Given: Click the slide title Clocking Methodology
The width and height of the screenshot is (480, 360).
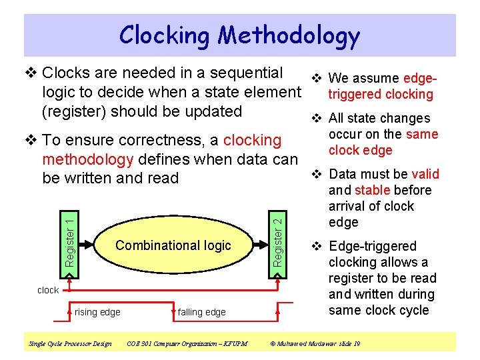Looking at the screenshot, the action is pyautogui.click(x=239, y=35).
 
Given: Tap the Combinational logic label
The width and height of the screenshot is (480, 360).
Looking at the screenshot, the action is pyautogui.click(x=173, y=245).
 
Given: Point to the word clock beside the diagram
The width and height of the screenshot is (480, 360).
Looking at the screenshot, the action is pyautogui.click(x=48, y=290).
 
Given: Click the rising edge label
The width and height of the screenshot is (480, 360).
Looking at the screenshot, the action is pyautogui.click(x=98, y=312).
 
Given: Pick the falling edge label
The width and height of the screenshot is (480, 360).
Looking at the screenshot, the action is pyautogui.click(x=201, y=312).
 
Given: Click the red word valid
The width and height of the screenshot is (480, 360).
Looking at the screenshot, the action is pyautogui.click(x=425, y=174).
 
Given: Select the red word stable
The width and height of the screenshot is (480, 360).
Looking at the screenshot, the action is pyautogui.click(x=375, y=190).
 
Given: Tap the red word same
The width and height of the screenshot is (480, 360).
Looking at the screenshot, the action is pyautogui.click(x=422, y=134).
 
